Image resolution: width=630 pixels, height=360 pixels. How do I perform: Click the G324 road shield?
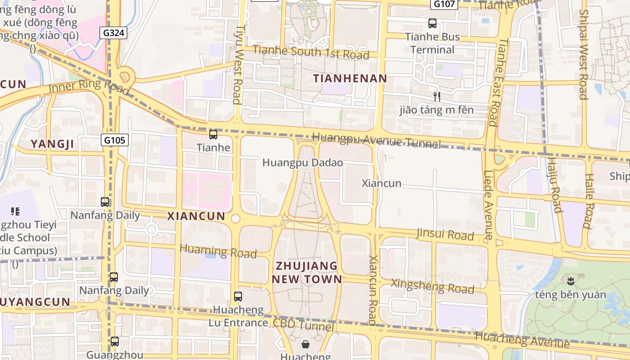tap(115, 32)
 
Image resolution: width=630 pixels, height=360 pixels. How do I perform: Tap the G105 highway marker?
tap(114, 140)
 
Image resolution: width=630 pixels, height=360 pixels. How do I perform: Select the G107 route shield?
tap(444, 4)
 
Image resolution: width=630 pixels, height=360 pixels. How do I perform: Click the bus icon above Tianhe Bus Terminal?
tap(432, 23)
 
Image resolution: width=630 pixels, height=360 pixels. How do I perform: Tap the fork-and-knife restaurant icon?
tap(436, 96)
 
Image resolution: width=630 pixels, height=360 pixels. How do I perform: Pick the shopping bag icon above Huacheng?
tap(306, 344)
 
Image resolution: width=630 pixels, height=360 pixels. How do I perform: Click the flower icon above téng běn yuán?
tap(571, 282)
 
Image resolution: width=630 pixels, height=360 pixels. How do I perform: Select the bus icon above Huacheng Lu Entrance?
tap(238, 297)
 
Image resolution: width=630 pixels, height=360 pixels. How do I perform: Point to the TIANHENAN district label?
tap(350, 78)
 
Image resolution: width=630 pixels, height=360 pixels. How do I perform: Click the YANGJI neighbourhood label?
tap(52, 144)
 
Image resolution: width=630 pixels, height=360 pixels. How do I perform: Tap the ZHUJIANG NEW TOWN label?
tap(306, 272)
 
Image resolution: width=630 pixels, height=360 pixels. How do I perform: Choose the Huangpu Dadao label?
tap(302, 162)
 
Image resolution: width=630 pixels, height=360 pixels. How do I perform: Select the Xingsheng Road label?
tap(432, 286)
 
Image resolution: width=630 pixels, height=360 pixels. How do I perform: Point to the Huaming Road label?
tap(218, 251)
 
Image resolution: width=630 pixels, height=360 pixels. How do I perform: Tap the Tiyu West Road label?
tap(238, 64)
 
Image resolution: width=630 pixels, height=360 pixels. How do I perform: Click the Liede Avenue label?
tap(489, 205)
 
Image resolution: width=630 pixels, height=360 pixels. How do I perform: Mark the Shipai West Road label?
tap(583, 54)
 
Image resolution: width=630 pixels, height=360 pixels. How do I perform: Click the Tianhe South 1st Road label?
tap(310, 52)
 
